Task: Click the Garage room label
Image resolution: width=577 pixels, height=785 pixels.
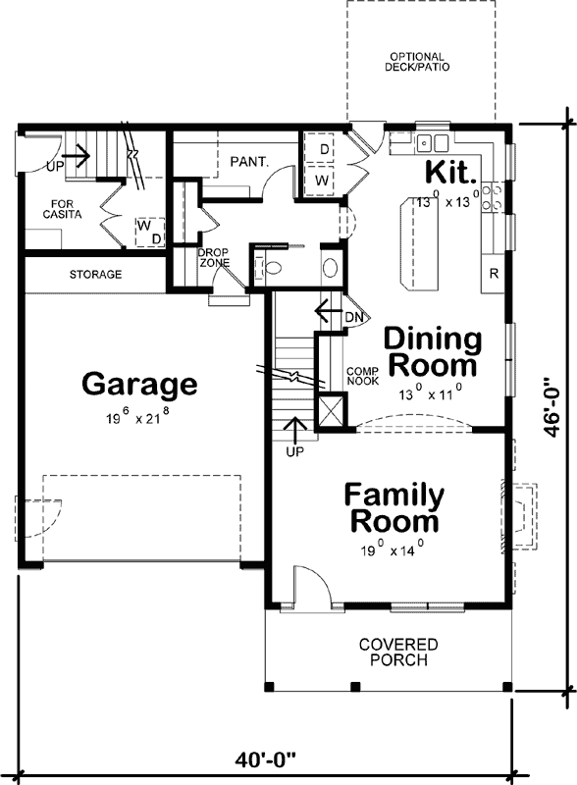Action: [x=138, y=383]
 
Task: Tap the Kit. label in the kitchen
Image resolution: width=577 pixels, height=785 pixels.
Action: [x=450, y=173]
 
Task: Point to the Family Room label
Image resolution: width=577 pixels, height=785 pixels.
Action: [x=393, y=507]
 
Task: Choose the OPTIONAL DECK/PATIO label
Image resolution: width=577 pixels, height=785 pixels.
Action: [x=416, y=63]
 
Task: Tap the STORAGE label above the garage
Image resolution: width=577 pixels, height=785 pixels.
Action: [x=95, y=275]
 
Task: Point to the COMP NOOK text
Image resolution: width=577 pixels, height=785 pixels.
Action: [x=362, y=376]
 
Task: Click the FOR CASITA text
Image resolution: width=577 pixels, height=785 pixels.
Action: [x=61, y=208]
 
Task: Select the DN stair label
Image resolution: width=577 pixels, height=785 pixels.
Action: [x=355, y=317]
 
